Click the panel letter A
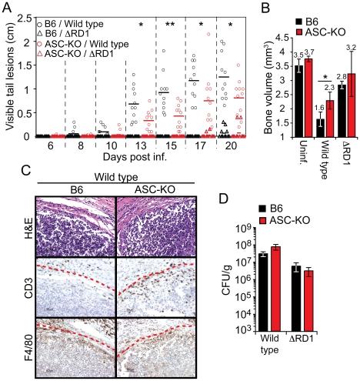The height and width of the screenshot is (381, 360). (x=7, y=7)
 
